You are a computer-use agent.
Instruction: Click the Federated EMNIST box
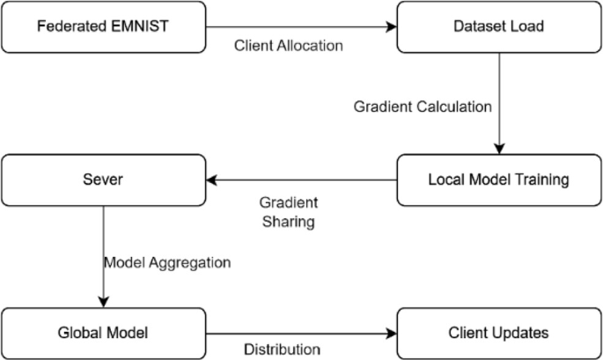pos(103,26)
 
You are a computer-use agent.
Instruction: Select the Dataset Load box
pos(499,26)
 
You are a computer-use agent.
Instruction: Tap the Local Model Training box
pos(499,180)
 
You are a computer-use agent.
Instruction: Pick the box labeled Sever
pos(103,180)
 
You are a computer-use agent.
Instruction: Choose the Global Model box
pos(103,333)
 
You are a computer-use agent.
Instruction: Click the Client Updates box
pos(499,333)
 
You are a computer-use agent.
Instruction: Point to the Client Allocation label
pos(289,46)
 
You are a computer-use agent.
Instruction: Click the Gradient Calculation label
pos(423,107)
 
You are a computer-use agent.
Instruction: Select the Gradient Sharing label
pos(290,210)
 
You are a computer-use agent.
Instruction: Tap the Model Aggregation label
pos(167,262)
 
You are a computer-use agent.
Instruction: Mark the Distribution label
pos(282,349)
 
